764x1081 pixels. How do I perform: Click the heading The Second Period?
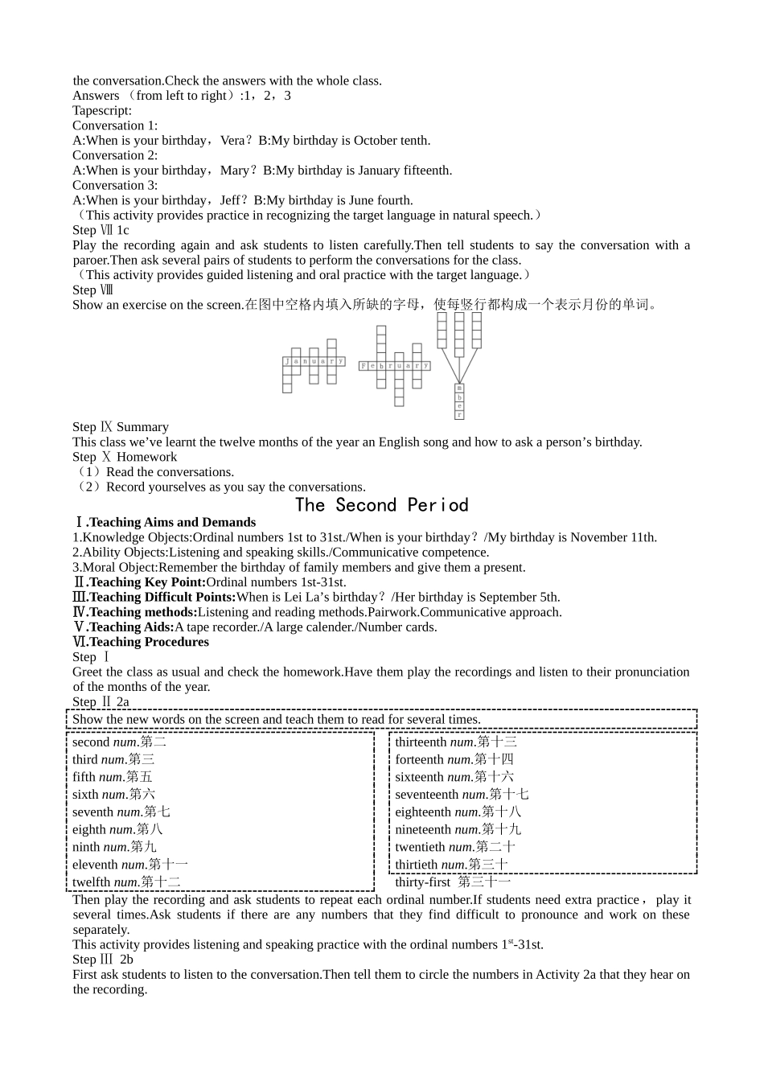point(381,505)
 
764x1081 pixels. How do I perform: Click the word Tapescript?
point(101,111)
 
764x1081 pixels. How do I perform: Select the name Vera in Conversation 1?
point(232,141)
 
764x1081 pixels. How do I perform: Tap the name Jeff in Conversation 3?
point(229,200)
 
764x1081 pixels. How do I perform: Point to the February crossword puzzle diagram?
point(395,365)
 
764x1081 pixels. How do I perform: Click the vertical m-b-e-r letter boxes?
point(459,402)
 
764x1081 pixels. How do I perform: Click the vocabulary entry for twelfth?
point(126,882)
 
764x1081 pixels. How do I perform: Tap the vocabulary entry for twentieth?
point(455,847)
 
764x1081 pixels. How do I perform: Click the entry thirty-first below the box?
point(453,882)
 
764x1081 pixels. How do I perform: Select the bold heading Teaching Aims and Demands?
point(172,523)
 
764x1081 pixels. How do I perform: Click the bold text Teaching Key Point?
point(146,582)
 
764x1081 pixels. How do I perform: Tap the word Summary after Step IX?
point(142,427)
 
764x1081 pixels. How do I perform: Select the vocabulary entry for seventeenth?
point(462,795)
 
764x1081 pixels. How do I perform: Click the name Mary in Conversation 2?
point(235,171)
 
